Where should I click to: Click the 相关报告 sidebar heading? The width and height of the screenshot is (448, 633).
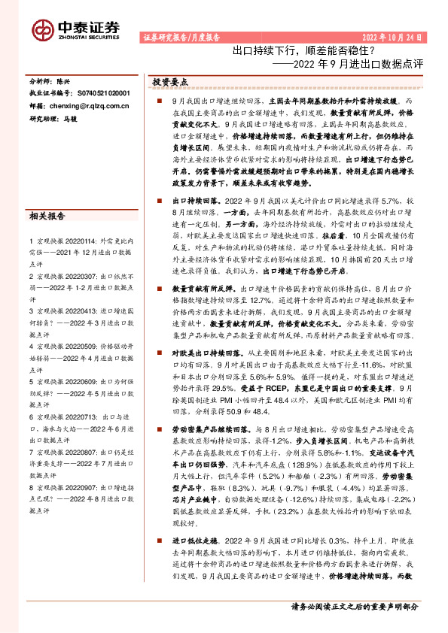click(x=47, y=217)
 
